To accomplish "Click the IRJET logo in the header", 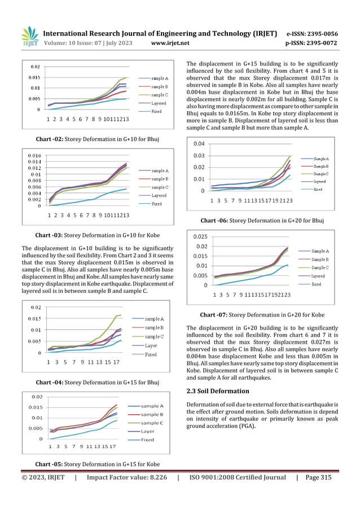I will click(29, 37).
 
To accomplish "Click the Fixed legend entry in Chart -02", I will click(156, 111).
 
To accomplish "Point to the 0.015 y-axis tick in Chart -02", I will click(34, 77).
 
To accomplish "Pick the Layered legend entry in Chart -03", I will click(159, 195).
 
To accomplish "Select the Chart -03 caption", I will click(97, 234).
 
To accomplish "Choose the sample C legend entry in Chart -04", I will click(154, 337).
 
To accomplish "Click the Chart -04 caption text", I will click(97, 383).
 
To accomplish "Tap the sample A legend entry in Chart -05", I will click(152, 406).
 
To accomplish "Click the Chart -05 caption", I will click(97, 464).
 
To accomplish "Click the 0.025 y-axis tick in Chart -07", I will click(201, 236).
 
